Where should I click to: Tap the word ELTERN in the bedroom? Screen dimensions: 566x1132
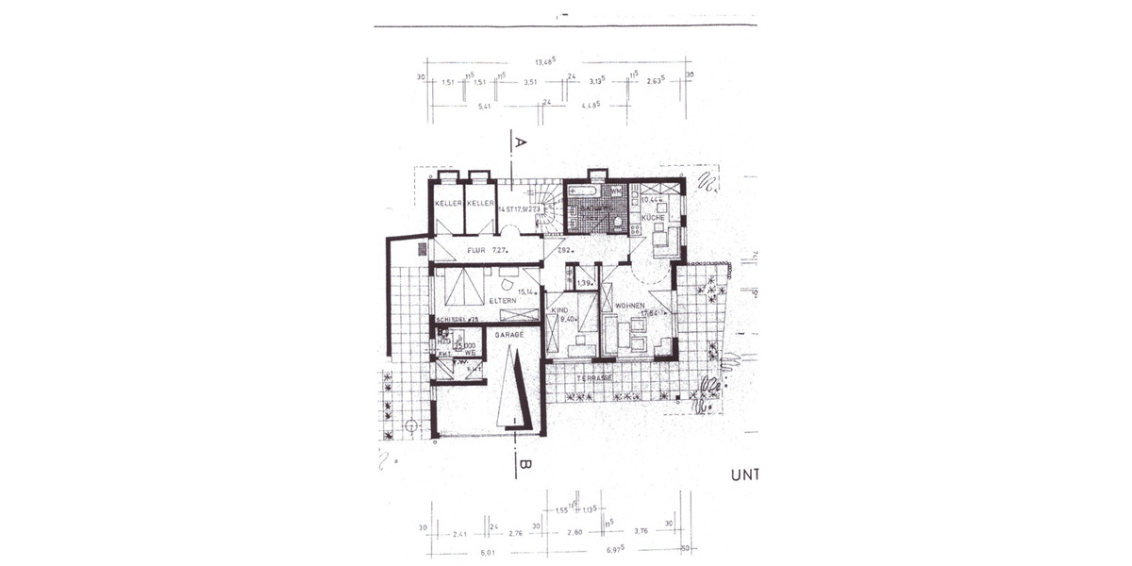tap(502, 300)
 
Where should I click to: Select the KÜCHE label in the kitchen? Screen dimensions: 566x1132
tap(653, 218)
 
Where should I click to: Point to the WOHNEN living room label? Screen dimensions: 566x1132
tap(629, 307)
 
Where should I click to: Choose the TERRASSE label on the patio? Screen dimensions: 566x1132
tap(596, 377)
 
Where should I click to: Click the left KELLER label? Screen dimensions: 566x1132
tap(448, 204)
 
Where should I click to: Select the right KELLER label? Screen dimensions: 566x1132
tap(480, 204)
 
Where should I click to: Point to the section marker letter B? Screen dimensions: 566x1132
tap(525, 463)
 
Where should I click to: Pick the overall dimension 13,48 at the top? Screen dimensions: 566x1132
tap(546, 62)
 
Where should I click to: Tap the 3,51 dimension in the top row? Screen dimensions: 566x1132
tap(530, 82)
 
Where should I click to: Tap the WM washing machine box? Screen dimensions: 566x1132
tap(615, 191)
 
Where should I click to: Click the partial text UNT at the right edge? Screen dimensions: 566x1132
tap(742, 475)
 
